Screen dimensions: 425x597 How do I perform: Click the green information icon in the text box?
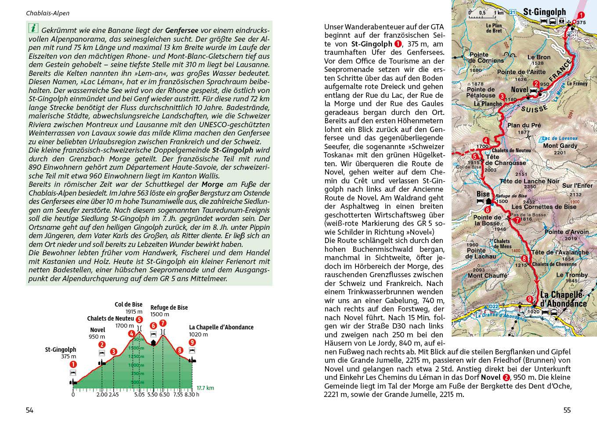[33, 29]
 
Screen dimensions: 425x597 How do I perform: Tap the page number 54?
[29, 411]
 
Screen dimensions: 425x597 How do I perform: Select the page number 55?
[567, 411]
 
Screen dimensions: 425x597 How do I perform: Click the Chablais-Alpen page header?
[47, 13]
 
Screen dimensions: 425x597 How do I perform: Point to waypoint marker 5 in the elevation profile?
[139, 320]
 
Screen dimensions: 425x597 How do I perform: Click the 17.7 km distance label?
[205, 388]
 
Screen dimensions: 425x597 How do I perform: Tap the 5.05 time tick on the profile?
[139, 394]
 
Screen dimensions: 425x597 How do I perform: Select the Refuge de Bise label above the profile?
[169, 307]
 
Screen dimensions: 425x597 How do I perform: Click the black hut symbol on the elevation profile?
[153, 342]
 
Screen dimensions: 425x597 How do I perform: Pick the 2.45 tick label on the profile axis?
[113, 394]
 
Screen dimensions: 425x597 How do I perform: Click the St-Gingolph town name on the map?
[544, 12]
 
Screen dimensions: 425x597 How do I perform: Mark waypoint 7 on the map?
[517, 220]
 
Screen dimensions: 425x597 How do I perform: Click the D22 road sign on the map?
[493, 306]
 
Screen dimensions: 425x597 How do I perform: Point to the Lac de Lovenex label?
[560, 138]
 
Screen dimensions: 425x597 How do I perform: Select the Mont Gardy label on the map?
[560, 146]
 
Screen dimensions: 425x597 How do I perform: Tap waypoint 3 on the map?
[502, 96]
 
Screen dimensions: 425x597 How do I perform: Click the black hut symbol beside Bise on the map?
[489, 201]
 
